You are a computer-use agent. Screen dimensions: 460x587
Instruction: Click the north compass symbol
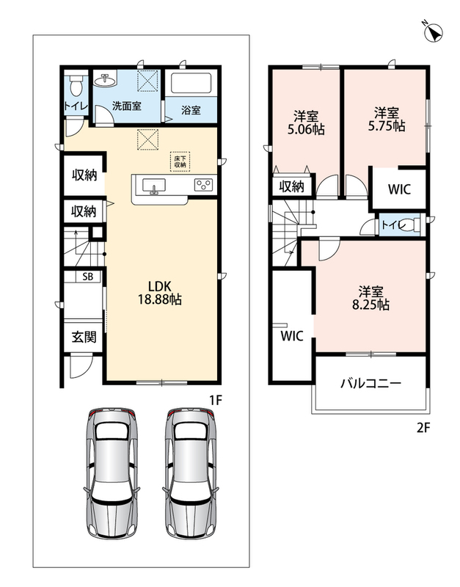(x=434, y=32)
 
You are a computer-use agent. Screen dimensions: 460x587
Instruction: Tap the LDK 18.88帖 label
(x=160, y=293)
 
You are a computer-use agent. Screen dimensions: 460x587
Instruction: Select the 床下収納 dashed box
(x=180, y=161)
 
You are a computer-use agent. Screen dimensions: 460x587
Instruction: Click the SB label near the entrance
(x=87, y=277)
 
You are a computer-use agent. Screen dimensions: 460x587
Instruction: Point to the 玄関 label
(x=84, y=337)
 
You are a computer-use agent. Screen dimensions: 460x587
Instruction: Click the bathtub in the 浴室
(x=191, y=84)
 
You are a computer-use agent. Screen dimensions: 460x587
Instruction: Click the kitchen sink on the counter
(x=153, y=186)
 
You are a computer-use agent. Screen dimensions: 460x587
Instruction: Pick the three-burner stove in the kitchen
(x=204, y=185)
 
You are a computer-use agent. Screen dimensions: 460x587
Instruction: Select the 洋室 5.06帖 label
(x=305, y=123)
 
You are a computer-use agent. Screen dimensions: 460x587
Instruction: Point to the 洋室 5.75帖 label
(x=386, y=119)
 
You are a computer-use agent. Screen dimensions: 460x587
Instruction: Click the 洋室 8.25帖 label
(x=370, y=298)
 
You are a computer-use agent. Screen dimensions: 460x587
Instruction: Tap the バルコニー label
(x=370, y=383)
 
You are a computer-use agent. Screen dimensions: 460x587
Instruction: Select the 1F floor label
(x=216, y=401)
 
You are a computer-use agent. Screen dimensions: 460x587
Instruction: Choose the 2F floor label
(x=423, y=428)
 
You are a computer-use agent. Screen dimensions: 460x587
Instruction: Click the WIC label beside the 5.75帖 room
(x=399, y=189)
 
